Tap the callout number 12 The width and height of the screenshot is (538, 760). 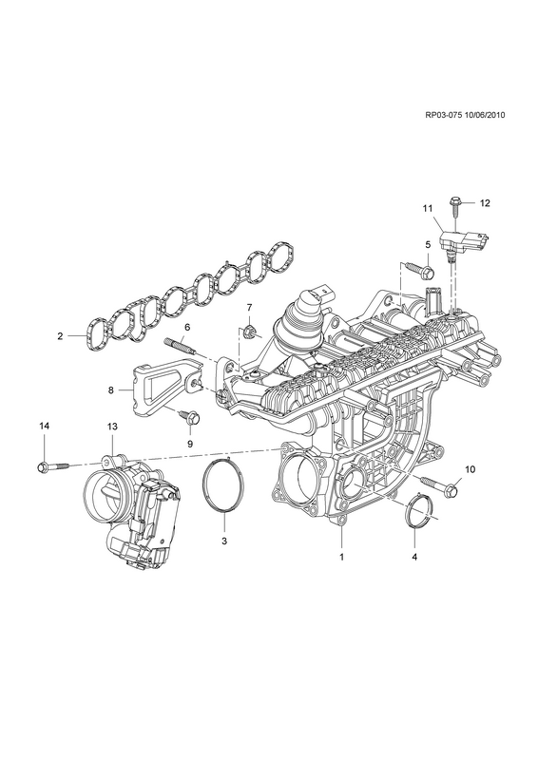[x=485, y=203]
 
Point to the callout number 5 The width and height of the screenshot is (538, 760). [x=428, y=245]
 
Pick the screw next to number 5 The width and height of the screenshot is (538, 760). [x=421, y=271]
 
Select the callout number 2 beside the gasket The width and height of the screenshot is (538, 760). [x=60, y=336]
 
